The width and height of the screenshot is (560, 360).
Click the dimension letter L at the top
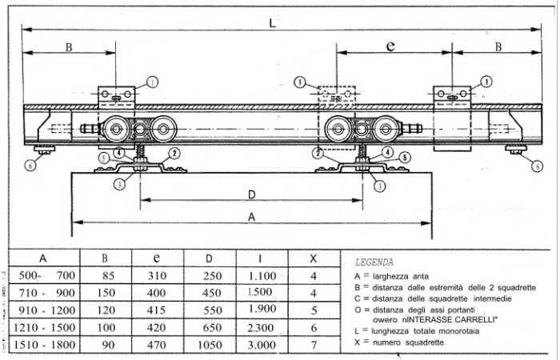pos(274,24)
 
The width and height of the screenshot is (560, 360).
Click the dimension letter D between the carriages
pos(250,194)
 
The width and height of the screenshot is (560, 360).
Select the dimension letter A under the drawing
pos(250,216)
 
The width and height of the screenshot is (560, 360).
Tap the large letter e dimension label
pos(390,46)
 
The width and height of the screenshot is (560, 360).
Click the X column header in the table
pos(314,258)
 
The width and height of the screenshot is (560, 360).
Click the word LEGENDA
pos(373,262)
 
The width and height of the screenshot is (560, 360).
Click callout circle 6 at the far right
pos(535,166)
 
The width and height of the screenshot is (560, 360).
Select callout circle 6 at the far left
pos(30,166)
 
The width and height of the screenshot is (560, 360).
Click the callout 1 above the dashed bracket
pos(299,81)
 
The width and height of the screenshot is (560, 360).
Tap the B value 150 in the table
pos(104,293)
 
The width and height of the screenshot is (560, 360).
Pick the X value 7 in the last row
pos(314,345)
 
